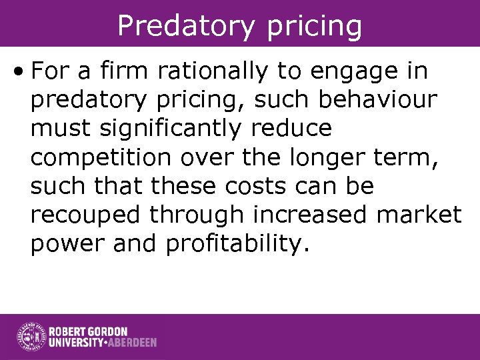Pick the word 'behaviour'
379,99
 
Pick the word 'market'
423,215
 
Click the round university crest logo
30,337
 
